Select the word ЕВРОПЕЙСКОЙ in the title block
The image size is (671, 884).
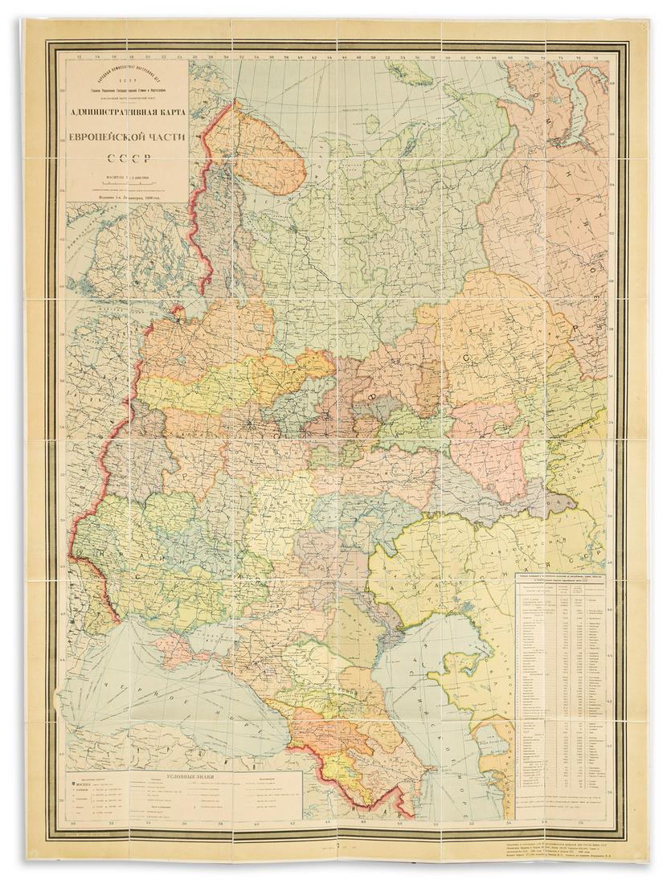point(127,137)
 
